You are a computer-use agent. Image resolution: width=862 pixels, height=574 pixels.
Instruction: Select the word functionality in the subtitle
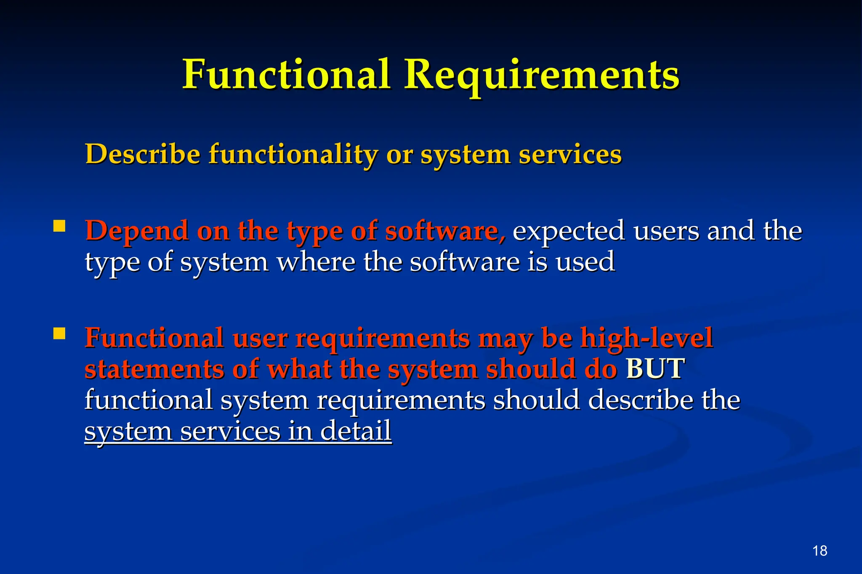click(x=293, y=154)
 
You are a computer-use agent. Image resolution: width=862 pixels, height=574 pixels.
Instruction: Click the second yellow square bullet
click(x=59, y=333)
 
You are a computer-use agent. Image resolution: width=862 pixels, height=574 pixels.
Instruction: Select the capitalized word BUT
click(x=655, y=369)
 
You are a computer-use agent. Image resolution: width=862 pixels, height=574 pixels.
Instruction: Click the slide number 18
click(x=820, y=550)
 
